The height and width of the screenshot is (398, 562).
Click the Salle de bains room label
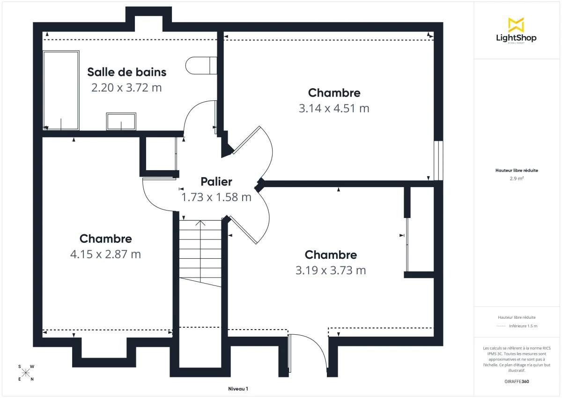(126, 72)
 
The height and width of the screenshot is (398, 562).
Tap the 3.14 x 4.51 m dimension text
(334, 108)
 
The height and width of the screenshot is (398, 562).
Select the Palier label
(216, 182)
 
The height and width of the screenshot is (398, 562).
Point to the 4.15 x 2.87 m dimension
(105, 254)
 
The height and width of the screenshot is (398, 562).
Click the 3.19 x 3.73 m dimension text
(331, 270)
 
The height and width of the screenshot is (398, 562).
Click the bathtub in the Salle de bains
(61, 90)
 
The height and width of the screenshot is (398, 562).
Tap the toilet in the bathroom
(201, 66)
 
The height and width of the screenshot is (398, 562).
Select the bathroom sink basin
(121, 121)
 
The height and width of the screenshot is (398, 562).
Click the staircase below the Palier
(200, 253)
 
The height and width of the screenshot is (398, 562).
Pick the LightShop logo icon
(516, 25)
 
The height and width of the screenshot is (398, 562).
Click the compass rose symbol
(26, 373)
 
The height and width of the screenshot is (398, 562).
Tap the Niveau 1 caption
(238, 389)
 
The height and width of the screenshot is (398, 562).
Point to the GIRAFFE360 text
(517, 382)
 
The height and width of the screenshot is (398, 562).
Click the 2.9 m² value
(517, 179)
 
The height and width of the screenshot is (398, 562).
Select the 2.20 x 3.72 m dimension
(126, 88)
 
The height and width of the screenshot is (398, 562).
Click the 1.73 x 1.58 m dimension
(216, 197)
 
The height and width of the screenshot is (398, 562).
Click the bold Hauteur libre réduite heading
(517, 171)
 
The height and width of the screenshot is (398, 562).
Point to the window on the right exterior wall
(438, 160)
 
